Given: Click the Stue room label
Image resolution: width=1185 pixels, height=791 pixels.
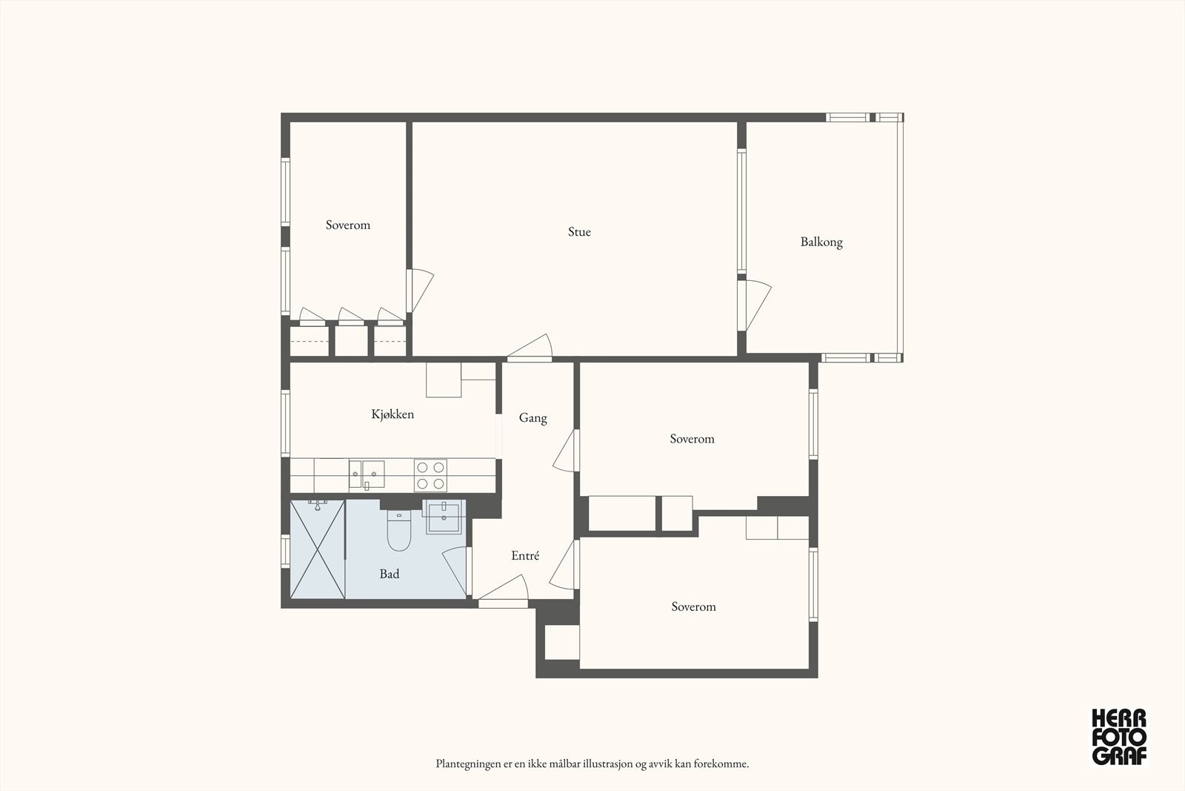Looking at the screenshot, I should coord(579,232).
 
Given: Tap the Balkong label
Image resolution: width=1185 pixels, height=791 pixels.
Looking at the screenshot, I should coord(821,242).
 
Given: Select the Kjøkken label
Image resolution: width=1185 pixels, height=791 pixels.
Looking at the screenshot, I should coord(393,414).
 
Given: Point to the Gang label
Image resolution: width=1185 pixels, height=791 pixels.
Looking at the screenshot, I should coord(533,418).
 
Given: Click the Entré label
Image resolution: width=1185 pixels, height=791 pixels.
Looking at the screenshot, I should coord(525,556).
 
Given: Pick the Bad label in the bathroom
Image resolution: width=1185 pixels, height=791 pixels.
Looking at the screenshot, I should coord(390,574).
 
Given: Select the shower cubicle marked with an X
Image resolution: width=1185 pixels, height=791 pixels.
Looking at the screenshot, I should coord(318,549).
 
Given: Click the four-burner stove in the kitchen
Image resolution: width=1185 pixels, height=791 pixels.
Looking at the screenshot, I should coord(430,475).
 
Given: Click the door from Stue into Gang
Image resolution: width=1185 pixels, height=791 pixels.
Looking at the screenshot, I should coord(530,348).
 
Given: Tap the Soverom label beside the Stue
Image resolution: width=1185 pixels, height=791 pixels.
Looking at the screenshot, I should coord(347,225).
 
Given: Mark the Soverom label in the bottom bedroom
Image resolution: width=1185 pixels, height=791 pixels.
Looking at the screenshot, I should coord(693,607).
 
